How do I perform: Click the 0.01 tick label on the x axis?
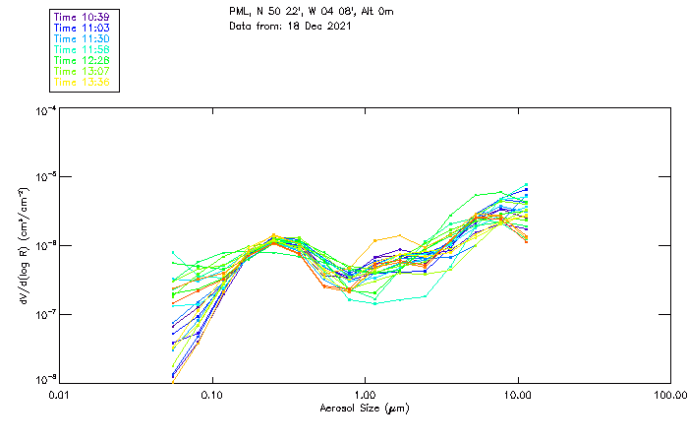(60, 395)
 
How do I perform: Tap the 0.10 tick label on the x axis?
(212, 395)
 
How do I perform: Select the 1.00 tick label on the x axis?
(365, 395)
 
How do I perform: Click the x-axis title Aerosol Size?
(364, 408)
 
